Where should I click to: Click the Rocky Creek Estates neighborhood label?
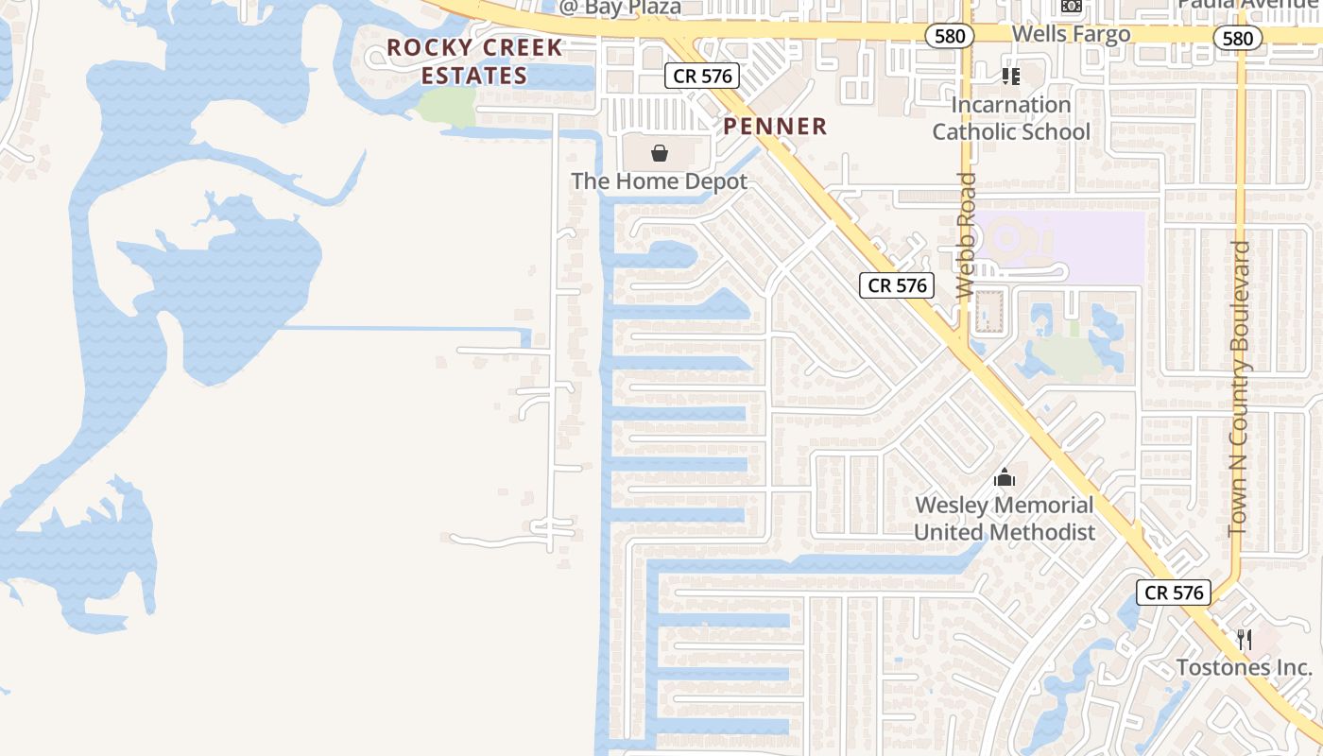click(474, 61)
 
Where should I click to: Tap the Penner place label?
click(775, 127)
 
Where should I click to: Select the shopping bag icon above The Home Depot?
click(660, 153)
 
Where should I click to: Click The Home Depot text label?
click(660, 181)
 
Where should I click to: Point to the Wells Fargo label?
click(1071, 35)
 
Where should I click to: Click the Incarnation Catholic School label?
click(1011, 118)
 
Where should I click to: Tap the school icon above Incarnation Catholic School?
click(1011, 76)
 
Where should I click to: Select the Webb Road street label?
click(965, 236)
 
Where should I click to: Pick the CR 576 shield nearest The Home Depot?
click(701, 77)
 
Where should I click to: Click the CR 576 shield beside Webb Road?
click(897, 285)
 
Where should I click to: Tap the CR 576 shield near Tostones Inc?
click(1174, 593)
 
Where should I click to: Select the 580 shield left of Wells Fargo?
click(948, 37)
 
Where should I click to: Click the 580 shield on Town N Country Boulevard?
click(1237, 38)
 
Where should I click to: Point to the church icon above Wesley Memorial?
click(1005, 477)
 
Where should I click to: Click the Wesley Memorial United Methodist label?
click(1005, 519)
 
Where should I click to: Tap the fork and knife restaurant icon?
click(1245, 640)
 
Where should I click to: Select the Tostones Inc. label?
click(1245, 667)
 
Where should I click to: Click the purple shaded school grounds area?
click(1087, 248)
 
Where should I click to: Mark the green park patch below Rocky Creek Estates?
click(446, 107)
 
